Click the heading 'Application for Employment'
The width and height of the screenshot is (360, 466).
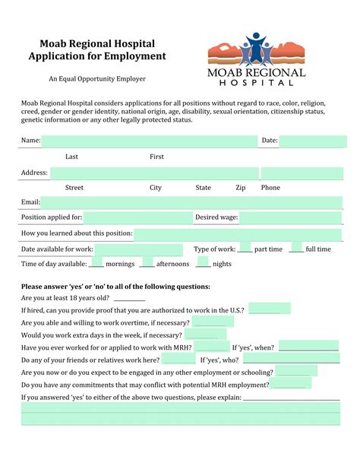(96, 56)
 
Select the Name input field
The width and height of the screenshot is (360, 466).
(150, 141)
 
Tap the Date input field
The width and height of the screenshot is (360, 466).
(313, 141)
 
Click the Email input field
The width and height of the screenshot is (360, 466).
(191, 201)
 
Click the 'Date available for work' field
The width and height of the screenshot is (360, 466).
(139, 249)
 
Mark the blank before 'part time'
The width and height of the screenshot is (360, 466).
(245, 249)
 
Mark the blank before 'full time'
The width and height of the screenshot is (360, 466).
(296, 249)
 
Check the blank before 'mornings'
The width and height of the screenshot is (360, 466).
(96, 264)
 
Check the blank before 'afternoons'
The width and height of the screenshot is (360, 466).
(147, 264)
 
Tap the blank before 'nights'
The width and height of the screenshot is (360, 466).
(202, 264)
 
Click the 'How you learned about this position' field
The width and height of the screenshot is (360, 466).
(238, 233)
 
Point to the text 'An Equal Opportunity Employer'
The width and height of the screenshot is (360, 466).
(97, 79)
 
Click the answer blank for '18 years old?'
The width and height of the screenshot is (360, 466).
(130, 299)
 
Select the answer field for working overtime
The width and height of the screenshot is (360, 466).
(213, 322)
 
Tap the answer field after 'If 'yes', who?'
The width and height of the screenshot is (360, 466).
(292, 359)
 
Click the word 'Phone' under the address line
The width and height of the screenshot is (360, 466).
(270, 187)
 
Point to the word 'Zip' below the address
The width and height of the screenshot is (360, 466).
(240, 187)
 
